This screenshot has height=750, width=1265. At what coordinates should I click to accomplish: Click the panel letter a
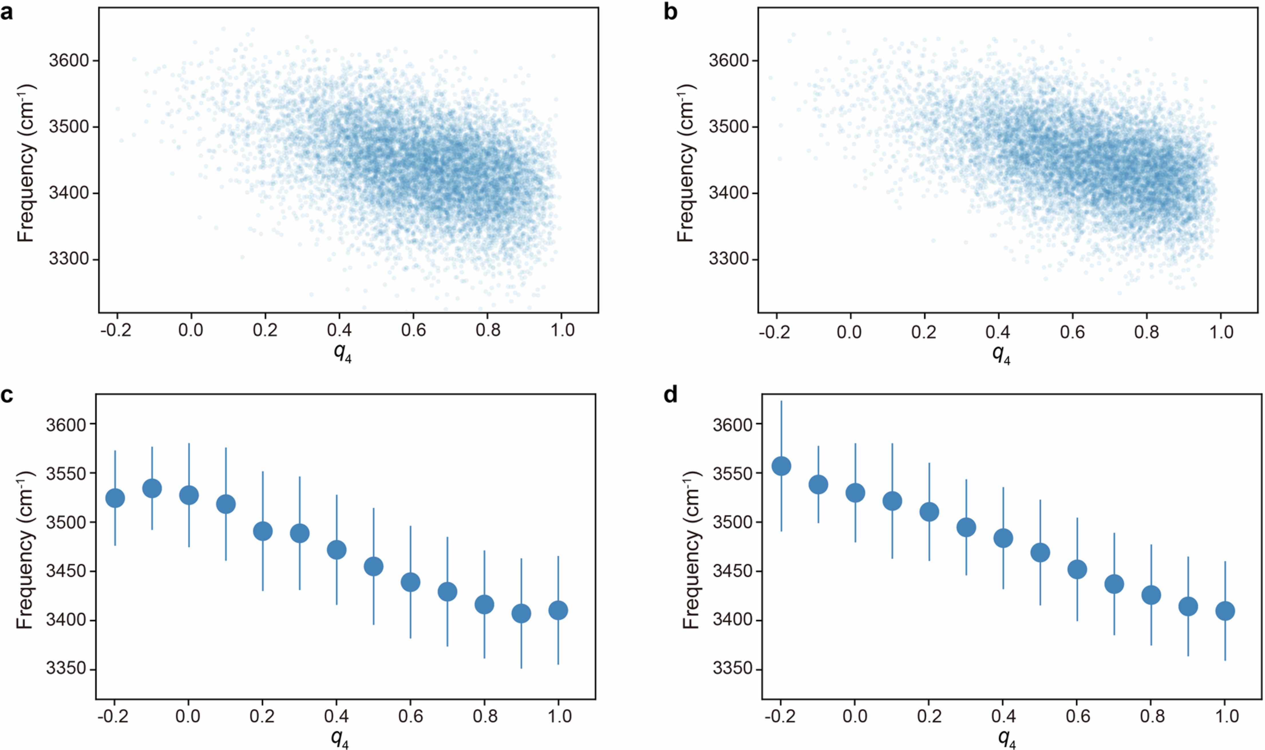coord(7,12)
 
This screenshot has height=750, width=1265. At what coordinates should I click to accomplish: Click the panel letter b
coord(671,12)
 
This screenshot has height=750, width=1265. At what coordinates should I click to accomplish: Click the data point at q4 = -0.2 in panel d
coord(781,466)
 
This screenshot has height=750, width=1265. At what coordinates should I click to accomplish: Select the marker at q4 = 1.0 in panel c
coord(558,611)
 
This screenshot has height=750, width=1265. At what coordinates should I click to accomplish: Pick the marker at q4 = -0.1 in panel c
coord(152,488)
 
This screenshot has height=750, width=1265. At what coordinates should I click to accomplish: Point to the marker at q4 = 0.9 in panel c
coord(521,614)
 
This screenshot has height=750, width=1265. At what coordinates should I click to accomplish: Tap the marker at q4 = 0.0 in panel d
coord(855,493)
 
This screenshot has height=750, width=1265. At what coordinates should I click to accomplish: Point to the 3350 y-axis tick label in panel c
coord(66,669)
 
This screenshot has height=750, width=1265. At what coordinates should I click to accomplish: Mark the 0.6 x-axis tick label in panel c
coord(410,716)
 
